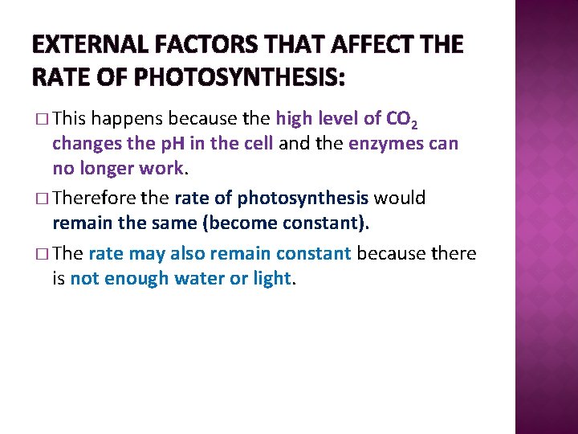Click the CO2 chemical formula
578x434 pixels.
pyautogui.click(x=401, y=121)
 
